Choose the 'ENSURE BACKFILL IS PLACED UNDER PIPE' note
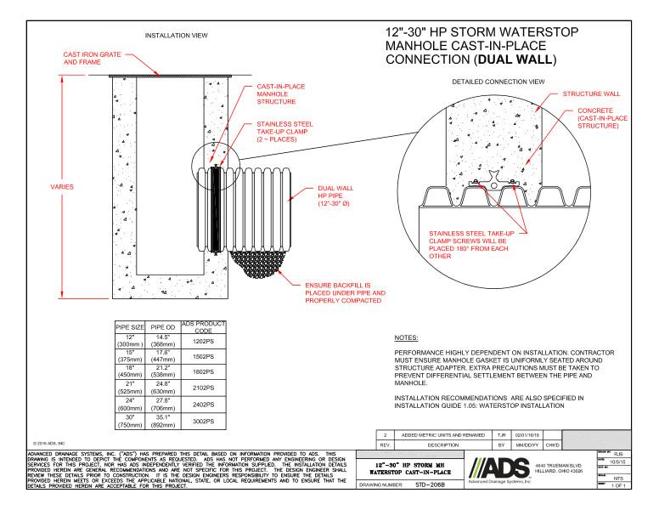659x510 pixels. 339,292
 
